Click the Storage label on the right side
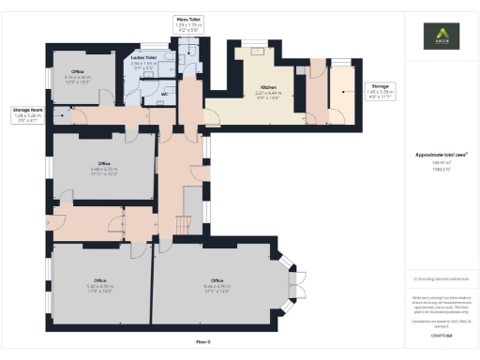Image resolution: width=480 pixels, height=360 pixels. pyautogui.click(x=354, y=85)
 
